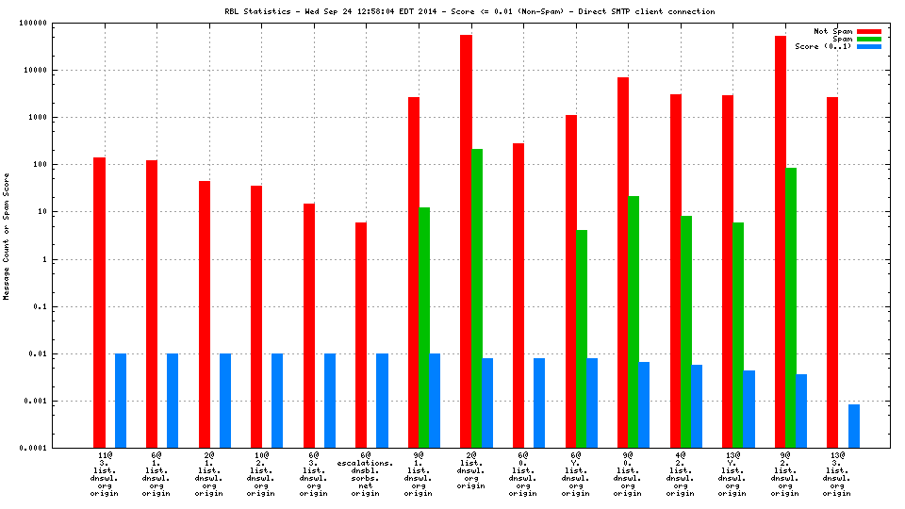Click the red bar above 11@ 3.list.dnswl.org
[x=99, y=302]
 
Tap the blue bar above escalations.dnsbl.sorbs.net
[x=382, y=401]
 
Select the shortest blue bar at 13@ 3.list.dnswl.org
[x=854, y=426]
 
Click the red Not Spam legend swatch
[x=868, y=31]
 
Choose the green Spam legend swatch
[x=868, y=39]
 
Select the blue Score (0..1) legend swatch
[x=868, y=46]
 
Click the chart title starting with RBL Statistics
[x=469, y=11]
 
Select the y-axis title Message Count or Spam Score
[x=7, y=236]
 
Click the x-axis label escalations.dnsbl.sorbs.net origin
[x=371, y=475]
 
